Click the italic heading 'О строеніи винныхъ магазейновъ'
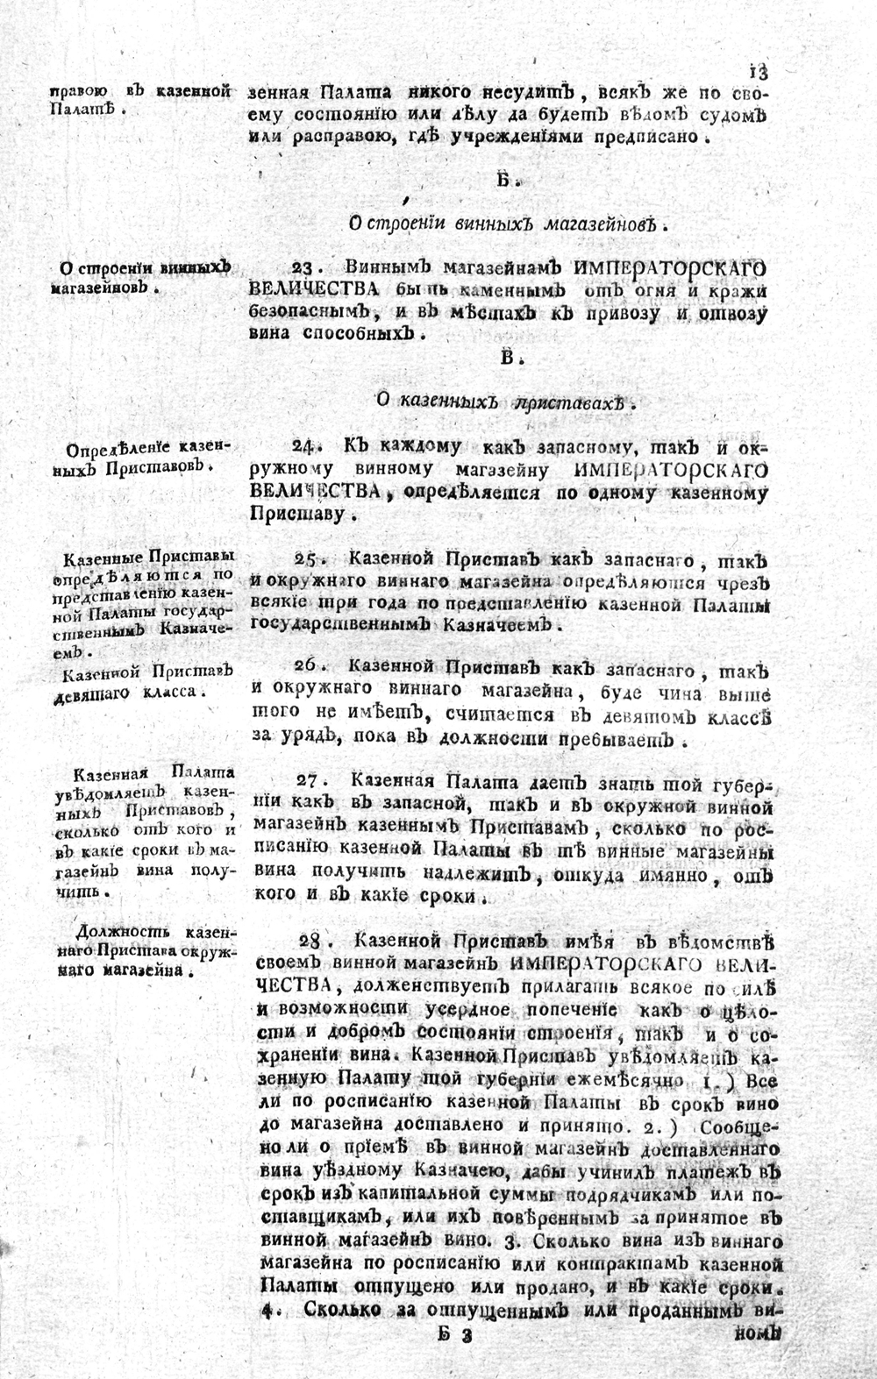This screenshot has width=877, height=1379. [x=503, y=224]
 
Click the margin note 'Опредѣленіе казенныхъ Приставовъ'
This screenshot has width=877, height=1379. [x=141, y=456]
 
